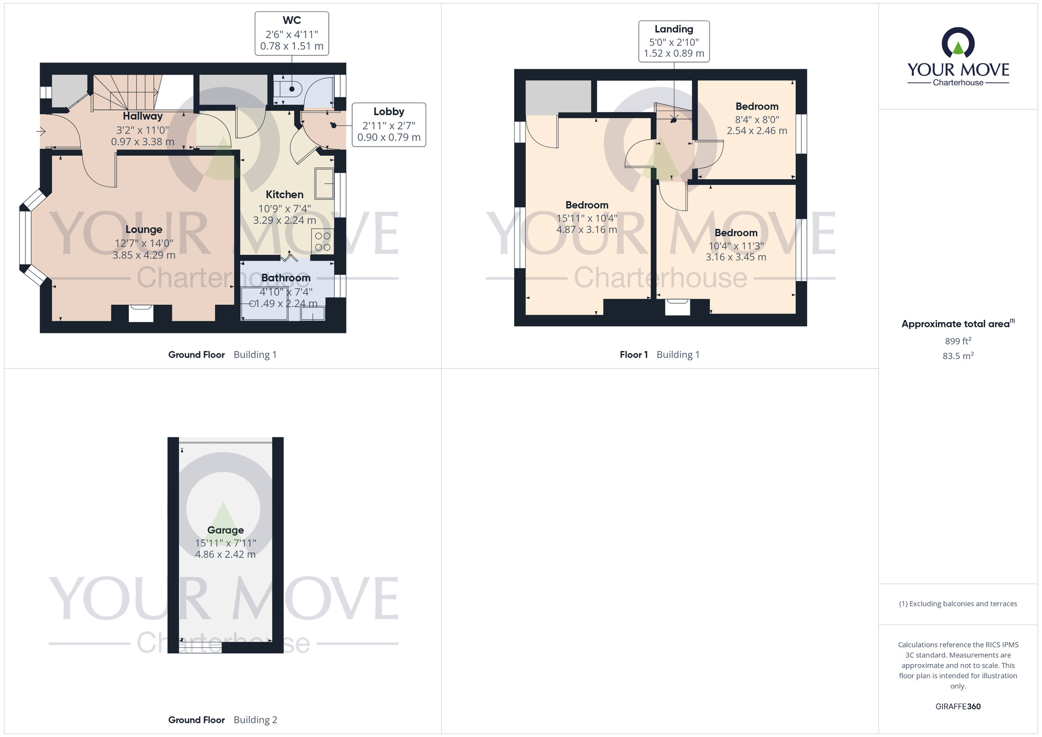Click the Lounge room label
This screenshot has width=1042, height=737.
pyautogui.click(x=144, y=229)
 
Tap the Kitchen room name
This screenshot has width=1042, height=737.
pyautogui.click(x=284, y=194)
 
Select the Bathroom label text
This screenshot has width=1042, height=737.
pyautogui.click(x=286, y=278)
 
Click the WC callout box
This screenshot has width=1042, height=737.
pyautogui.click(x=292, y=33)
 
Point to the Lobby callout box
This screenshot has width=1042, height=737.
pyautogui.click(x=389, y=125)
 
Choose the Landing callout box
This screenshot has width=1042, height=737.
pyautogui.click(x=674, y=41)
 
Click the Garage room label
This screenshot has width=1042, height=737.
pyautogui.click(x=226, y=530)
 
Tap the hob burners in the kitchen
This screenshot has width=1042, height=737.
pyautogui.click(x=322, y=242)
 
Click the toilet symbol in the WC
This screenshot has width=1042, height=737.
pyautogui.click(x=288, y=88)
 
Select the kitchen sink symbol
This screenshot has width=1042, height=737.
pyautogui.click(x=324, y=183)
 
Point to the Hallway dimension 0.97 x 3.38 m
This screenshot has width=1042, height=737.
pyautogui.click(x=143, y=142)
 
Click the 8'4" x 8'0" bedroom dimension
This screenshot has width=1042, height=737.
pyautogui.click(x=757, y=119)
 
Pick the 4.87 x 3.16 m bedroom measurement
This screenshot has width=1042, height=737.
pyautogui.click(x=587, y=229)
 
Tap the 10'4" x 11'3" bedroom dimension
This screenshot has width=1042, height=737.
pyautogui.click(x=736, y=246)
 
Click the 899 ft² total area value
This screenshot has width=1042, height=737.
pyautogui.click(x=958, y=341)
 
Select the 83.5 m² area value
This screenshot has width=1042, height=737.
pyautogui.click(x=958, y=356)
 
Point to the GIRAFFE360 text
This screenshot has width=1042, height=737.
pyautogui.click(x=958, y=707)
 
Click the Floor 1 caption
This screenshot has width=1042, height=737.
pyautogui.click(x=634, y=354)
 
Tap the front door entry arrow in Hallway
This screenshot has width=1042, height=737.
pyautogui.click(x=41, y=131)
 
